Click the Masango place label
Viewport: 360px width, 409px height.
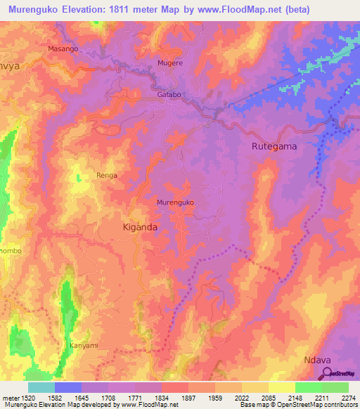click(63, 49)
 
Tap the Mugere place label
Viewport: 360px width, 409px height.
click(170, 63)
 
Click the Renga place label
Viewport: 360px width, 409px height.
click(107, 175)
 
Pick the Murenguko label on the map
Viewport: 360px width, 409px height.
click(175, 202)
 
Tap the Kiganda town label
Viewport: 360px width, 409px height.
click(140, 227)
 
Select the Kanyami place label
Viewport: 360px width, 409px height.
click(84, 346)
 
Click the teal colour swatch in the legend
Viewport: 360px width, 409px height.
click(41, 387)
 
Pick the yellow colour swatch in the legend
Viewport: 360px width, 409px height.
click(281, 387)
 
